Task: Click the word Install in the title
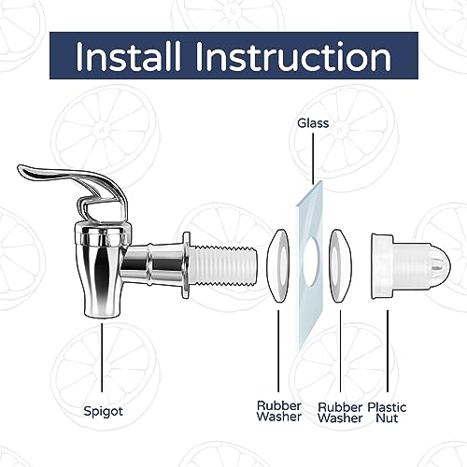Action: click(x=128, y=56)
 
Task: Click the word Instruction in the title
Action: click(x=293, y=56)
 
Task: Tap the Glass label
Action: click(x=313, y=123)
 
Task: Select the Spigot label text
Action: click(x=104, y=412)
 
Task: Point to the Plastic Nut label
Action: click(x=387, y=413)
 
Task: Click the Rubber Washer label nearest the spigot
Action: click(x=279, y=411)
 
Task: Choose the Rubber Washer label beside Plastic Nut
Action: click(x=340, y=413)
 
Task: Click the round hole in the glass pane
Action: click(x=311, y=261)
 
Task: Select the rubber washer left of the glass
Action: click(x=278, y=266)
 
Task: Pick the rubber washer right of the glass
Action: click(x=340, y=266)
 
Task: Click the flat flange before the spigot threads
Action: click(x=186, y=265)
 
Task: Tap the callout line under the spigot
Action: click(x=102, y=358)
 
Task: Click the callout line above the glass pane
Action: click(x=313, y=158)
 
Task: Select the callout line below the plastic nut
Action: click(x=388, y=351)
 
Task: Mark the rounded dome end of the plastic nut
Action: click(x=440, y=266)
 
